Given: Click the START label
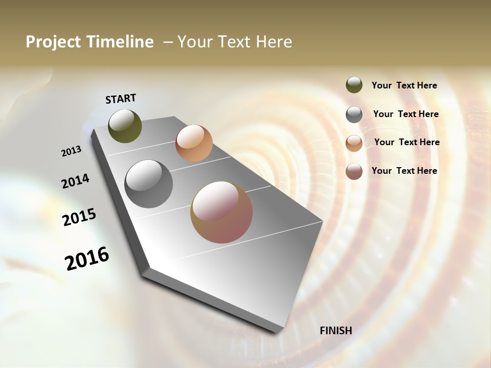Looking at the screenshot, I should click(x=121, y=99).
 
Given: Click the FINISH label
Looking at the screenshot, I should click(x=336, y=331).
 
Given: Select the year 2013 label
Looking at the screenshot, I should click(x=71, y=151).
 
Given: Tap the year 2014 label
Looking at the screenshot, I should click(x=75, y=181).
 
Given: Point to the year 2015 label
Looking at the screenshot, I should click(x=79, y=217).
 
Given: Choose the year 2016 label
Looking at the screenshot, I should click(x=87, y=259).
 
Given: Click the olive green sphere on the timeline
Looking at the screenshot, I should click(x=125, y=126).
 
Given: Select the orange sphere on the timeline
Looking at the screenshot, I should click(x=194, y=143).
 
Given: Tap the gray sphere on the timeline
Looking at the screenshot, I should click(x=149, y=184).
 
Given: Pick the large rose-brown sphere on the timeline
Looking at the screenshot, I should click(x=221, y=212).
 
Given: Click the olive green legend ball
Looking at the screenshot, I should click(x=354, y=85).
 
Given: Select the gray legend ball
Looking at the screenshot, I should click(x=354, y=114).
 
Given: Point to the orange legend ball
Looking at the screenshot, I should click(x=354, y=143).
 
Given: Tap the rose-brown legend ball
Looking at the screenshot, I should click(x=354, y=171).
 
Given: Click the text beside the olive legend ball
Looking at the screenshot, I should click(x=404, y=86).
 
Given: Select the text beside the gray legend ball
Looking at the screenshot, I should click(x=406, y=114).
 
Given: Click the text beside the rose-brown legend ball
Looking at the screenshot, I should click(x=404, y=171).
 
